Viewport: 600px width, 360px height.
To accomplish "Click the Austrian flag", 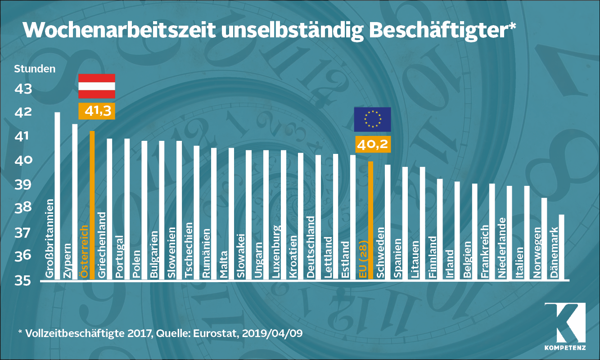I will pos(97,86).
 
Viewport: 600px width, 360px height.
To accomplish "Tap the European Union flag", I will pos(372,119).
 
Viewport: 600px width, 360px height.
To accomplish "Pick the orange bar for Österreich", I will pos(92,205).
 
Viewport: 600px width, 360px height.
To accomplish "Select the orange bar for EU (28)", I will pos(370,220).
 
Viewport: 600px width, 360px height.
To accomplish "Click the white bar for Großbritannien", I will pos(57,196).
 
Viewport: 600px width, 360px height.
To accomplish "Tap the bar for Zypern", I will pos(75,202).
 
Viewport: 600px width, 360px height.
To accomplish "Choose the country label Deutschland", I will pos(311,247).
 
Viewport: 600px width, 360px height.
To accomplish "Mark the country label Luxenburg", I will pos(276,252).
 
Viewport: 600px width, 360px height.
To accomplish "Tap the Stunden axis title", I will pos(35,69).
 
